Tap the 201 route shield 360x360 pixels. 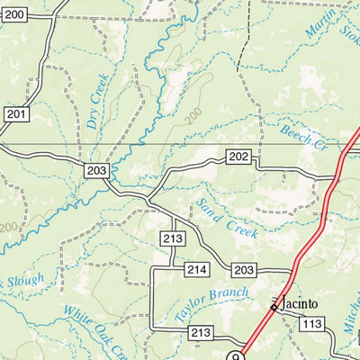click(x=16, y=113)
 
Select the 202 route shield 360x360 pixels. click(x=238, y=157)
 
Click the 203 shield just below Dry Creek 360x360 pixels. click(x=98, y=170)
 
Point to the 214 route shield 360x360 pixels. click(x=197, y=270)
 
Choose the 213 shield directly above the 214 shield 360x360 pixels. click(x=174, y=238)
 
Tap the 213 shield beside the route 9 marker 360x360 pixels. click(x=202, y=333)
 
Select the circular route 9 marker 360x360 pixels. click(x=236, y=355)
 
